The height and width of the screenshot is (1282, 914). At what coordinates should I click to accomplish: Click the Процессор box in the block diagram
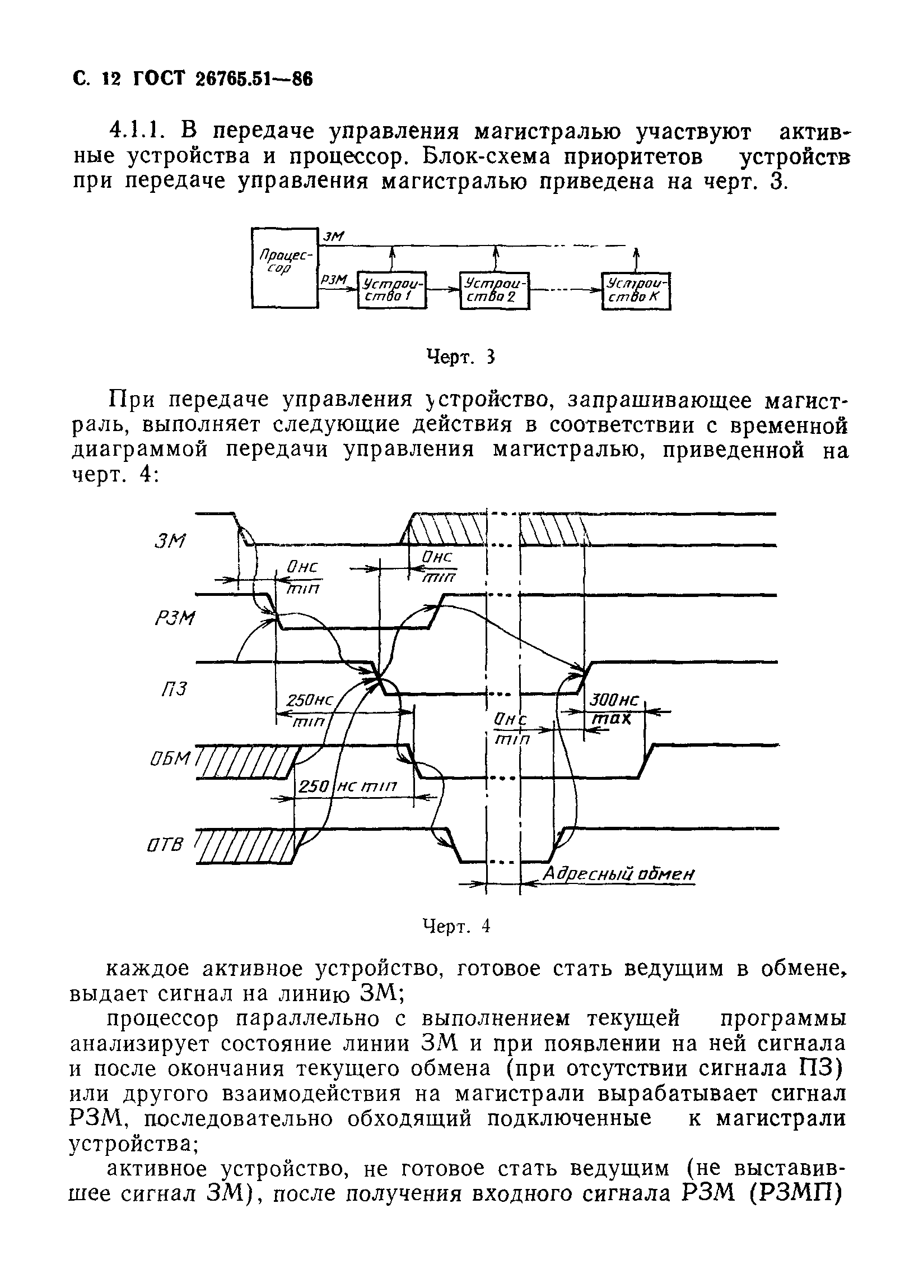click(284, 267)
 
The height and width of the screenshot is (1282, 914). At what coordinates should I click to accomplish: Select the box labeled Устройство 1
click(392, 290)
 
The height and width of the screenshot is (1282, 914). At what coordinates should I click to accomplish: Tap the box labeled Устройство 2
click(495, 290)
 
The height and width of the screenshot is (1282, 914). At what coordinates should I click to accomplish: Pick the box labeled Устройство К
click(636, 291)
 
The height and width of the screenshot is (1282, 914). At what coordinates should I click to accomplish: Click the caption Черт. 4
click(456, 925)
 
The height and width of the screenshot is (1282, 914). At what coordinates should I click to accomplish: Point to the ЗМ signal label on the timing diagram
click(169, 542)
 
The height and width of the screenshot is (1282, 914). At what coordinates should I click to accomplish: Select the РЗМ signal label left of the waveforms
click(174, 618)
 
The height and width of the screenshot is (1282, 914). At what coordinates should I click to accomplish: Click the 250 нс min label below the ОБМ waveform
click(347, 786)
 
